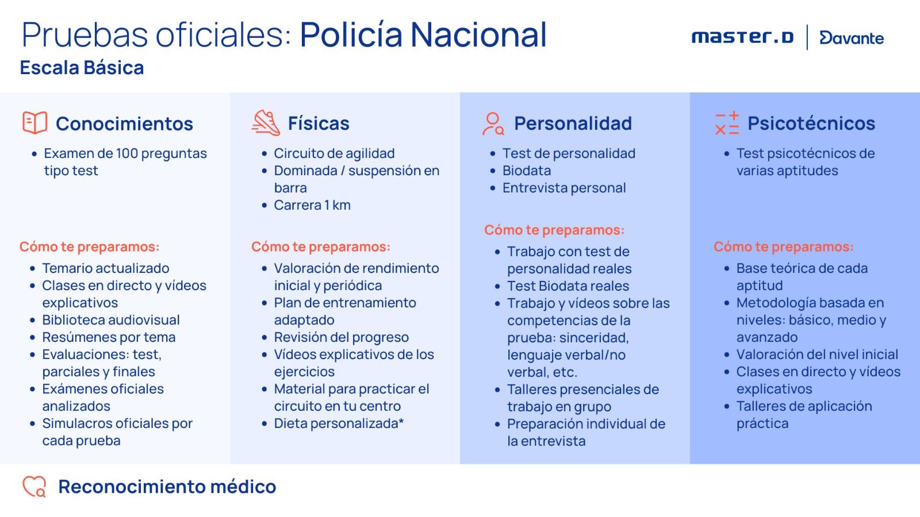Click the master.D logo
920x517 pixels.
742,37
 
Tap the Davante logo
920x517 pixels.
852,38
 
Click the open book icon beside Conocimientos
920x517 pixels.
34,122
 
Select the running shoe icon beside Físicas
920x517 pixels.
266,122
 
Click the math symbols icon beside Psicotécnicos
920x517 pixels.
727,124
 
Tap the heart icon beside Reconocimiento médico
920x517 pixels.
34,487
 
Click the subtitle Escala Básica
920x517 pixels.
82,68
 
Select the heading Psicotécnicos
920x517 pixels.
811,123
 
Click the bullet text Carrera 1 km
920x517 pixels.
312,205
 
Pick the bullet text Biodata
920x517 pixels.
527,170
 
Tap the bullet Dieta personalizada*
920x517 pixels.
339,423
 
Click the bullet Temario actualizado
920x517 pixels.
106,268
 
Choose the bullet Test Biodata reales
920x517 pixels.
568,285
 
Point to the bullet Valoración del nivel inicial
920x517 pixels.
817,354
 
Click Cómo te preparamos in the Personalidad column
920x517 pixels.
554,230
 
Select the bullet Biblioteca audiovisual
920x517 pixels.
111,319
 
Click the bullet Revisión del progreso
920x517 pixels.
342,337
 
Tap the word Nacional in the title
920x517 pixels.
478,34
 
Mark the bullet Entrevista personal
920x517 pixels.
564,187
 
